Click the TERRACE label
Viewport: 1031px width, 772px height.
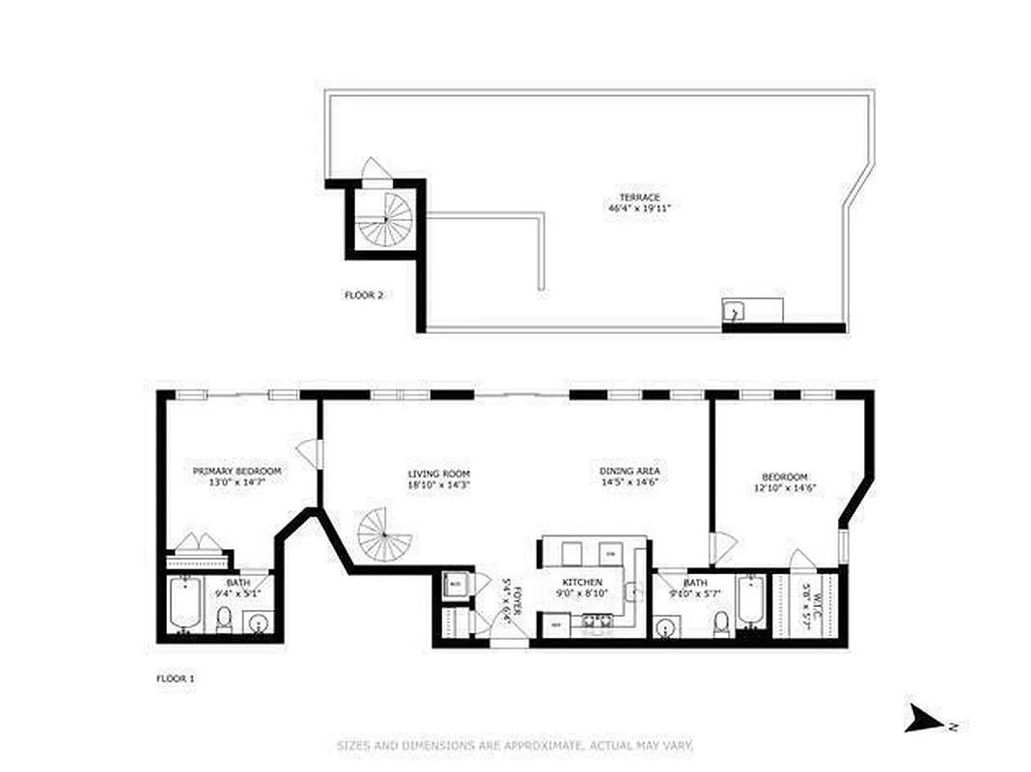(x=639, y=197)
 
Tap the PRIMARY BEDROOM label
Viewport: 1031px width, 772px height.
(x=237, y=471)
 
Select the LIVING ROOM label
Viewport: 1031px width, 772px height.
(x=438, y=474)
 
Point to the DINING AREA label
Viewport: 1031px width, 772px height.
(x=629, y=471)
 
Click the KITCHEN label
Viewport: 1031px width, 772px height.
(x=583, y=583)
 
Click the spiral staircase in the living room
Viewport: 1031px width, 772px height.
(x=384, y=535)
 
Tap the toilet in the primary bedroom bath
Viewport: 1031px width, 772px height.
(x=224, y=620)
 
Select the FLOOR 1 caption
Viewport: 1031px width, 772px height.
(x=175, y=679)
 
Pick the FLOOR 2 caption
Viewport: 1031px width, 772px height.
(x=364, y=295)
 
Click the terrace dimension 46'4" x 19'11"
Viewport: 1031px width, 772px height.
(x=639, y=208)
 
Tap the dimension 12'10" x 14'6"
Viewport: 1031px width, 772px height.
(x=784, y=487)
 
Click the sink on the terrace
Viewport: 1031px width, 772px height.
(x=734, y=312)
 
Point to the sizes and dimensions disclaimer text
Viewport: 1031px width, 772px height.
(x=515, y=746)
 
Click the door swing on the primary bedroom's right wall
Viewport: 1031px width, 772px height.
(x=308, y=451)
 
